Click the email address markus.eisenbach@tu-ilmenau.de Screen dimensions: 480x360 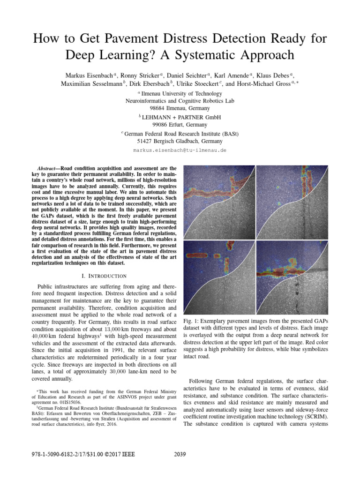pos(180,150)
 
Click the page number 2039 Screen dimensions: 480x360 pos(180,453)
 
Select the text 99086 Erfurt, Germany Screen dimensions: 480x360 pos(180,125)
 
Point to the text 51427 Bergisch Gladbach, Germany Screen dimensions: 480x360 pos(180,141)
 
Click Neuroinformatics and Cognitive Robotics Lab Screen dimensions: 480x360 pos(180,101)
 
